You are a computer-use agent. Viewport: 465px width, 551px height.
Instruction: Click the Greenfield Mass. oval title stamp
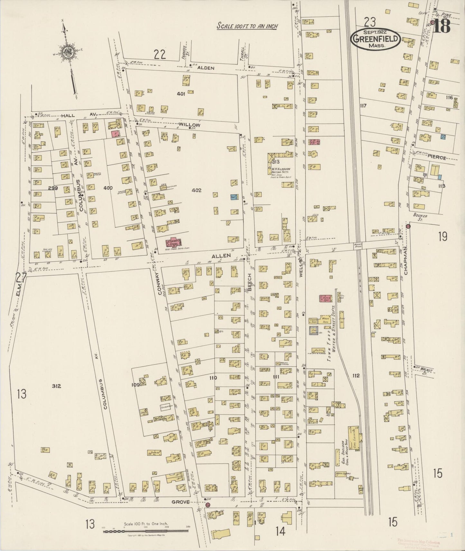coord(375,39)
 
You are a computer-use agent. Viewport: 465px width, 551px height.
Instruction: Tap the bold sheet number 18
coord(441,27)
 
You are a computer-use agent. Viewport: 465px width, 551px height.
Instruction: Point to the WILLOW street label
coord(190,125)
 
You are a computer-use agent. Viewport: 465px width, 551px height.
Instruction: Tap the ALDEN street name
coord(203,68)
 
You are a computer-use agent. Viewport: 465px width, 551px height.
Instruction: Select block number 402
coord(196,190)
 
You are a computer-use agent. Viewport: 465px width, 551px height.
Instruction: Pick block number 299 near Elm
coord(52,188)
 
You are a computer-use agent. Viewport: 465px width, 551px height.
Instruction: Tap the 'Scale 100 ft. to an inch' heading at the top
coord(247,26)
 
